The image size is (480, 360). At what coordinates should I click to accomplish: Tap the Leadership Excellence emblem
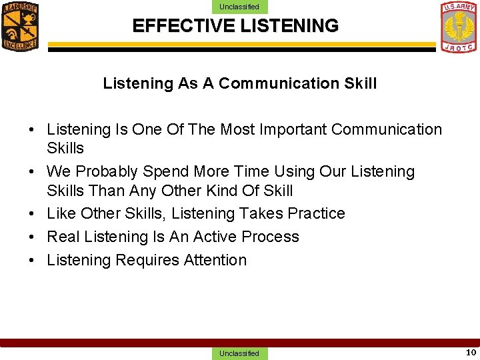20,26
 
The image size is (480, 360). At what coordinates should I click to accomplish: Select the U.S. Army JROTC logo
459,27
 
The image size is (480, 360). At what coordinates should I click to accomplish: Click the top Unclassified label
239,7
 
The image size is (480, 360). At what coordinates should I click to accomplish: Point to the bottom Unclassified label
239,353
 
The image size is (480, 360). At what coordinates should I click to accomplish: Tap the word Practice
316,213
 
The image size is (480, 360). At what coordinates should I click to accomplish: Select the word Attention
213,260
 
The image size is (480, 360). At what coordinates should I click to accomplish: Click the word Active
215,237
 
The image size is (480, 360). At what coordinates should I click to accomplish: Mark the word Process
270,237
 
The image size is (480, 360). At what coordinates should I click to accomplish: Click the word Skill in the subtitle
359,83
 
